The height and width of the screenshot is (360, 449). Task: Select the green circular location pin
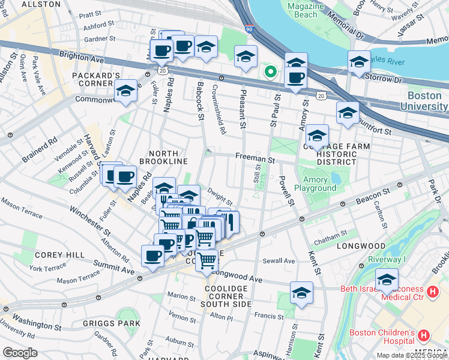pyautogui.click(x=271, y=72)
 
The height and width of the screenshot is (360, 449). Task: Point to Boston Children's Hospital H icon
pyautogui.click(x=424, y=335)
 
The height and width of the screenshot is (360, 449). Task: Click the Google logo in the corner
pyautogui.click(x=19, y=353)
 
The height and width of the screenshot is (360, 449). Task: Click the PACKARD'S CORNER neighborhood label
pyautogui.click(x=96, y=80)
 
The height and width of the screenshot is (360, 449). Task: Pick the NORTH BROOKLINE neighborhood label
pyautogui.click(x=164, y=157)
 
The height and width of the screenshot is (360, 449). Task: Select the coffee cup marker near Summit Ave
pyautogui.click(x=152, y=256)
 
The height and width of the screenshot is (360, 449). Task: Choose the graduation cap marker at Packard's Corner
pyautogui.click(x=125, y=92)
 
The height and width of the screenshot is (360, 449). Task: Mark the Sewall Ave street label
pyautogui.click(x=279, y=261)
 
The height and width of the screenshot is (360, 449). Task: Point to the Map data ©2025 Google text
pyautogui.click(x=412, y=355)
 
